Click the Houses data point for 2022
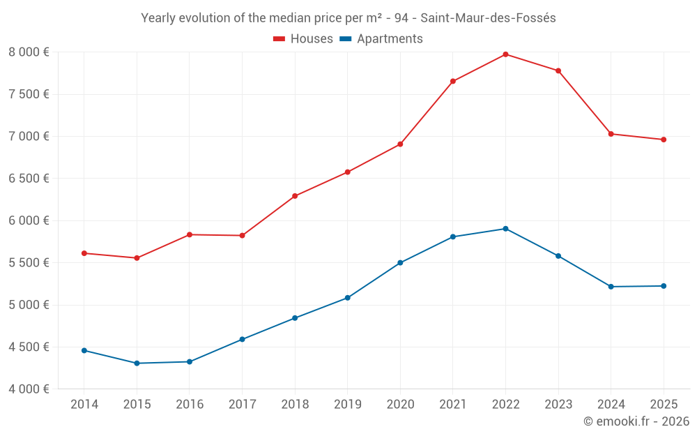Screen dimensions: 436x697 pos(505,54)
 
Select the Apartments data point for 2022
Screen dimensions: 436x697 pos(505,229)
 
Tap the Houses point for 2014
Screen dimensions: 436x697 pos(84,253)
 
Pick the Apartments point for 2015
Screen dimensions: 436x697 pos(137,363)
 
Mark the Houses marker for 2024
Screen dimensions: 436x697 pos(611,134)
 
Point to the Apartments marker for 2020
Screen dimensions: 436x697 pos(400,263)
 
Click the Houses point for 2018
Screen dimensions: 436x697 pos(295,196)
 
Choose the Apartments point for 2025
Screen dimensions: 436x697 pos(664,286)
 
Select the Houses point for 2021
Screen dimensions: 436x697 pos(453,82)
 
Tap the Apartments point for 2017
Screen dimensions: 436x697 pos(242,340)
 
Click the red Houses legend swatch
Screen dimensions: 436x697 pos(279,39)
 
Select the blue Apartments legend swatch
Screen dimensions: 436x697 pos(345,39)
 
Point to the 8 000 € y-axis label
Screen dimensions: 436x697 pos(29,52)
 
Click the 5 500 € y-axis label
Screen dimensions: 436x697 pos(29,263)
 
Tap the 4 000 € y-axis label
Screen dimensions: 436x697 pos(29,389)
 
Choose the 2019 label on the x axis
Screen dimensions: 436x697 pos(347,405)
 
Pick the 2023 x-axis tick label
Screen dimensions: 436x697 pos(558,405)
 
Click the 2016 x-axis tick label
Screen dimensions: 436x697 pos(190,405)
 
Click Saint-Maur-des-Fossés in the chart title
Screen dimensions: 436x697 pos(488,18)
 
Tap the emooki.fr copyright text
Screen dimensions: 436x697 pos(636,421)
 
